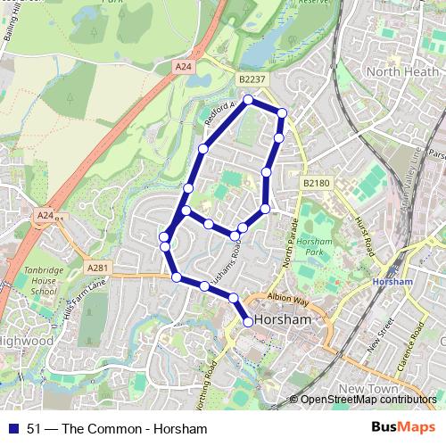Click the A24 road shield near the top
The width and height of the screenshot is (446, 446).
click(183, 66)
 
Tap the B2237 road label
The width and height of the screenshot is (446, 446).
click(252, 79)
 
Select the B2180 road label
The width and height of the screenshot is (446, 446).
click(316, 183)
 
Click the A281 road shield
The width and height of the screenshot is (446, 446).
click(97, 267)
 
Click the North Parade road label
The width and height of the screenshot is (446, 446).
click(288, 246)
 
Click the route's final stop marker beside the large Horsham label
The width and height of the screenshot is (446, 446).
click(248, 322)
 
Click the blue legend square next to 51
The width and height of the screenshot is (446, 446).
click(13, 429)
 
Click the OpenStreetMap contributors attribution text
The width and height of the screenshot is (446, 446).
click(368, 400)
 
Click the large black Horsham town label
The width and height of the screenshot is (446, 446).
click(284, 319)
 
